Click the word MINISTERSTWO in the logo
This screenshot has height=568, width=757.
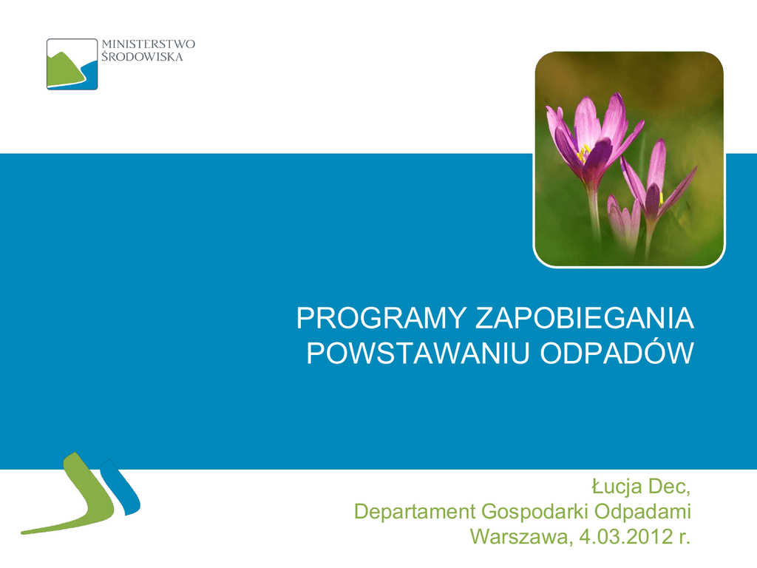point(148,44)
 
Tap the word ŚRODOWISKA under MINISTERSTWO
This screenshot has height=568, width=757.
point(142,57)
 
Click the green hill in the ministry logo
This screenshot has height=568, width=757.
point(66,69)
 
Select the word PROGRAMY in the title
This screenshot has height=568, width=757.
point(381,318)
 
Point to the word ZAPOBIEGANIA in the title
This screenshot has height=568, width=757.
point(585,318)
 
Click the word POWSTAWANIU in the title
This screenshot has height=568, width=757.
point(418,353)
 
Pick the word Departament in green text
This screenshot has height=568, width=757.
point(415,512)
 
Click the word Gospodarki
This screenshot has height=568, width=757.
point(535,512)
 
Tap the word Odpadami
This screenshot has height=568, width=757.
point(642,512)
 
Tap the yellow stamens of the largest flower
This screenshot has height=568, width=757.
point(583,153)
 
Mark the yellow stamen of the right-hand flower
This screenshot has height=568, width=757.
point(661,197)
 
